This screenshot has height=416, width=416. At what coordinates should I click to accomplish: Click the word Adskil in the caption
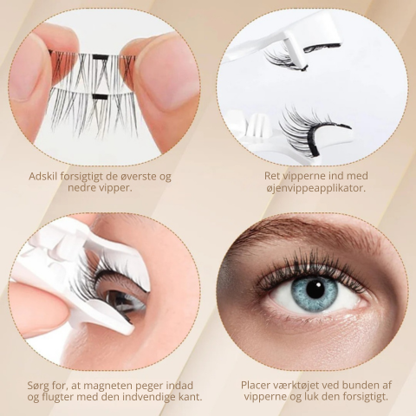tap(44, 176)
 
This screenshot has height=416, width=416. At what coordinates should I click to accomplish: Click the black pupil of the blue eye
tap(315, 289)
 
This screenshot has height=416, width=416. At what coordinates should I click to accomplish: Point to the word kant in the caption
tap(189, 397)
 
